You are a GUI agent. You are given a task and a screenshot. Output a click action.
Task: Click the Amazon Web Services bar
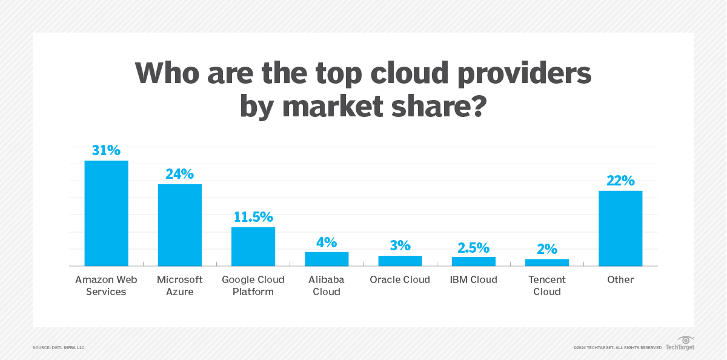click(x=106, y=213)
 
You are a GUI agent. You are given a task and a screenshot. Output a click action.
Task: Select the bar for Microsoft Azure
click(x=180, y=225)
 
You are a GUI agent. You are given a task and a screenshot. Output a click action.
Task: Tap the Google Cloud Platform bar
click(x=253, y=247)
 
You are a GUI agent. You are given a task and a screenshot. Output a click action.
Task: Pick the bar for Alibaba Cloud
click(x=327, y=259)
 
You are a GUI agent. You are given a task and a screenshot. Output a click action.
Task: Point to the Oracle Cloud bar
click(x=400, y=261)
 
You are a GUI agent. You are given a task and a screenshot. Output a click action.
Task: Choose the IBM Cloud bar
click(x=473, y=261)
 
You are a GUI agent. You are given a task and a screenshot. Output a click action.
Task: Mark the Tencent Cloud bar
click(x=547, y=262)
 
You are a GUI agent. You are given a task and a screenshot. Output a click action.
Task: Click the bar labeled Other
click(x=620, y=228)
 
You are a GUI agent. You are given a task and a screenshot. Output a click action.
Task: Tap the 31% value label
click(x=106, y=150)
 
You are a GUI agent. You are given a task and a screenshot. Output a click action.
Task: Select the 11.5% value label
click(x=253, y=217)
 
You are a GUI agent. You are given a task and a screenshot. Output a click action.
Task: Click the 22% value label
click(x=620, y=181)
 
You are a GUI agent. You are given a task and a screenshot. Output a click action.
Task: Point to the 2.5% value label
click(x=473, y=247)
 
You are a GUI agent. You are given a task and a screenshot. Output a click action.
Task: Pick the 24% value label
click(x=180, y=174)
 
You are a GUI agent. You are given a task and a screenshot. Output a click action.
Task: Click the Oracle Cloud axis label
click(x=400, y=279)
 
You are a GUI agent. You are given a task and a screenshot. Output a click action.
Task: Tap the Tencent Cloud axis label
click(x=547, y=285)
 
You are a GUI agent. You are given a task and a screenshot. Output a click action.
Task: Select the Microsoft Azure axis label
click(x=180, y=285)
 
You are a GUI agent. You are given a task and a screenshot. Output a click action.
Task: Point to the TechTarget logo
click(x=680, y=344)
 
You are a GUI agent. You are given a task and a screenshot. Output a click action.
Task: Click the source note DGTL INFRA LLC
click(x=59, y=347)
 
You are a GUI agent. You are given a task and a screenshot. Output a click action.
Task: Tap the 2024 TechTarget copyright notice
click(x=617, y=347)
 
